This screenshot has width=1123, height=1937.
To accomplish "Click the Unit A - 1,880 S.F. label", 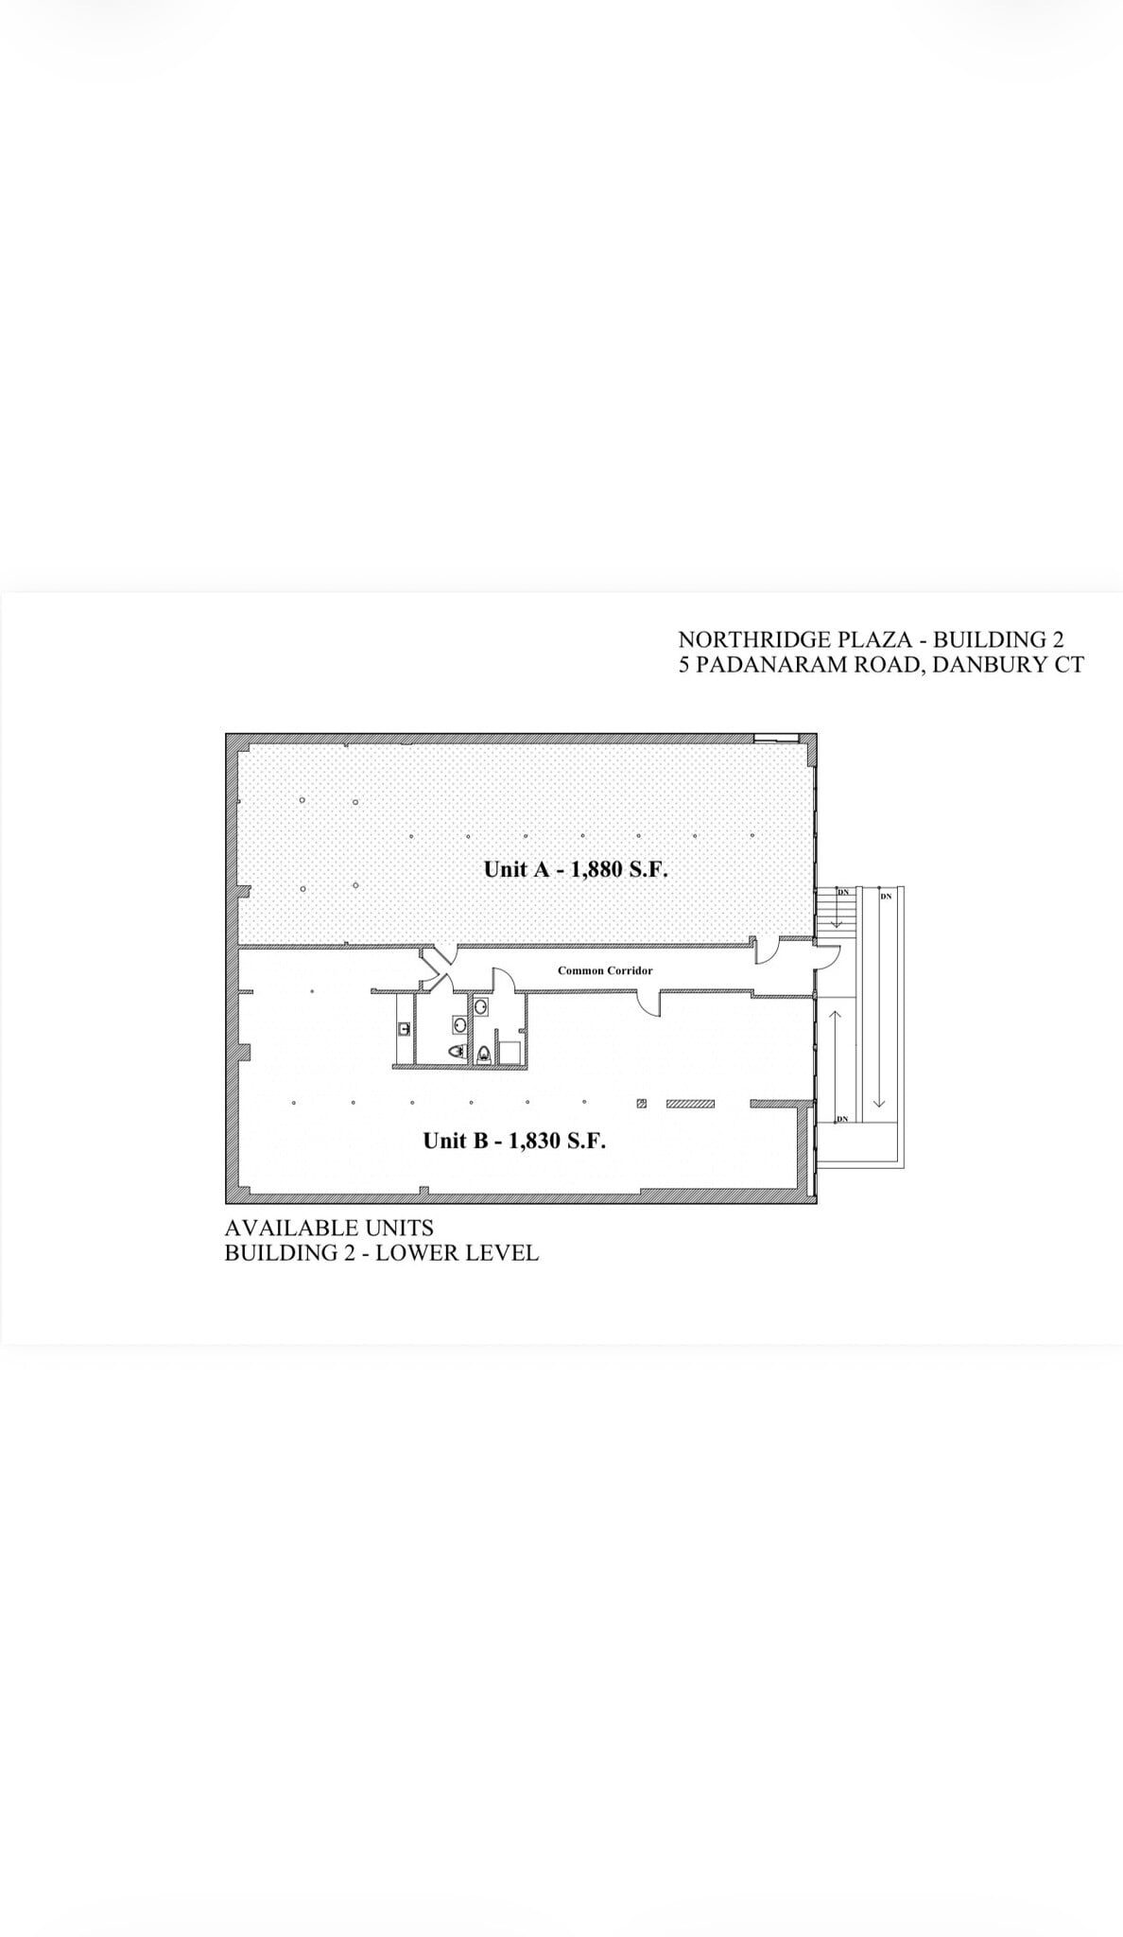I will point(576,869).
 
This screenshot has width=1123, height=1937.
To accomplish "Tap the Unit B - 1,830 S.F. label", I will point(514,1141).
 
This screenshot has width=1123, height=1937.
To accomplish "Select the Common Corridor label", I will point(605,970).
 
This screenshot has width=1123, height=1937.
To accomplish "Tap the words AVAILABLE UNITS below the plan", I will point(329,1228).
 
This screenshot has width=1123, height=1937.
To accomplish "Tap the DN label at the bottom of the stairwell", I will point(843,1120).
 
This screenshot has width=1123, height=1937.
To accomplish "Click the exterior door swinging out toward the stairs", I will point(827,957).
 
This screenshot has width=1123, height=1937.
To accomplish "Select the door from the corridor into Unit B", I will point(649,1003).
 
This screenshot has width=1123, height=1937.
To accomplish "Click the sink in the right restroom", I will point(481,1007).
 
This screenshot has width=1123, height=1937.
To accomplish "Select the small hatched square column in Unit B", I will point(642,1103).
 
